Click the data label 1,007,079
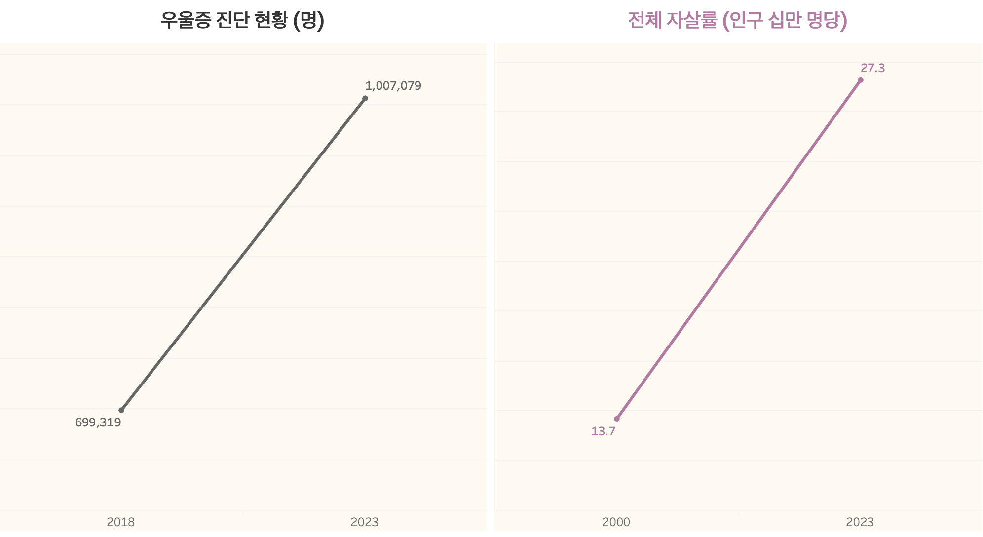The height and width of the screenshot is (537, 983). coord(393,86)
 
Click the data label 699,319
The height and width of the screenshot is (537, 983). coord(98,422)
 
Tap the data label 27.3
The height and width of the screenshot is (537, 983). coord(872,68)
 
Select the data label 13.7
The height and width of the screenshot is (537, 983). coord(603,431)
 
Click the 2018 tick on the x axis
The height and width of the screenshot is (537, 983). coord(120,522)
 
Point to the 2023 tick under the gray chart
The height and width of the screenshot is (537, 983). coord(364,522)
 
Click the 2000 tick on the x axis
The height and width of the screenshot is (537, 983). coord(616,522)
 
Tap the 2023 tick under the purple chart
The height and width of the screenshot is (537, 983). coord(860,522)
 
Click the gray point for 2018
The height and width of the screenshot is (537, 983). coord(121,410)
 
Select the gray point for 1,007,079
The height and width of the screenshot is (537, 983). coord(365,98)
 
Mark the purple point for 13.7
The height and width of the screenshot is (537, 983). coord(617,419)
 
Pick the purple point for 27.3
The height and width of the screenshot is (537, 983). coord(861,80)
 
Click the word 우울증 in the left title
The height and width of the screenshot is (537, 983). coord(186,20)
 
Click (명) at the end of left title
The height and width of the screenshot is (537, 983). coord(309,20)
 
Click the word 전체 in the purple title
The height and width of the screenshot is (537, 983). coord(644,20)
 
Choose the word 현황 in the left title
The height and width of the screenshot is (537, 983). coord(271,20)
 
